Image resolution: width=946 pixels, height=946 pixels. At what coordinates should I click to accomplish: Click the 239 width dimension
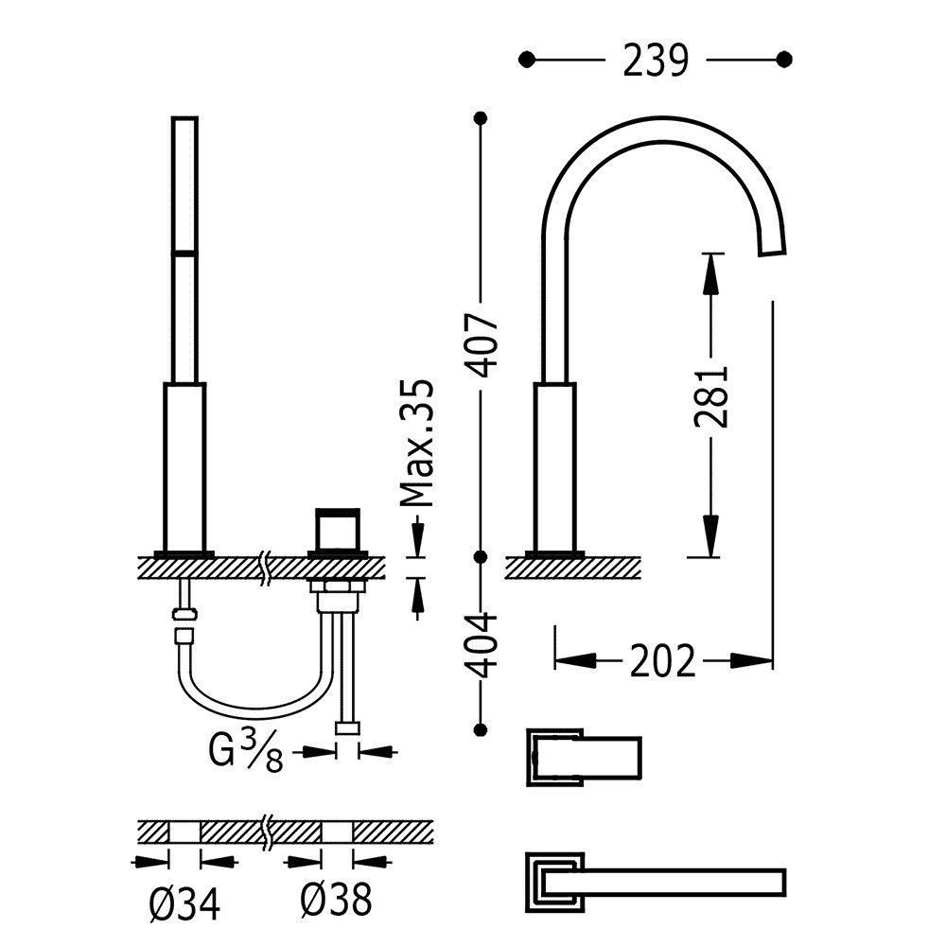tap(655, 60)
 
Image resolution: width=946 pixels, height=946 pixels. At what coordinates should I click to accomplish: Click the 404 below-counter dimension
tap(483, 645)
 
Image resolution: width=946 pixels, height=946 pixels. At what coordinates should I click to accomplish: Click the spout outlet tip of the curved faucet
tap(775, 247)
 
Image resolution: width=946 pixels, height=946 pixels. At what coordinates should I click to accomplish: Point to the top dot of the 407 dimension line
tap(483, 117)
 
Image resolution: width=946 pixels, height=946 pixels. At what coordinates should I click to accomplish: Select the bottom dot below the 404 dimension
tap(483, 729)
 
